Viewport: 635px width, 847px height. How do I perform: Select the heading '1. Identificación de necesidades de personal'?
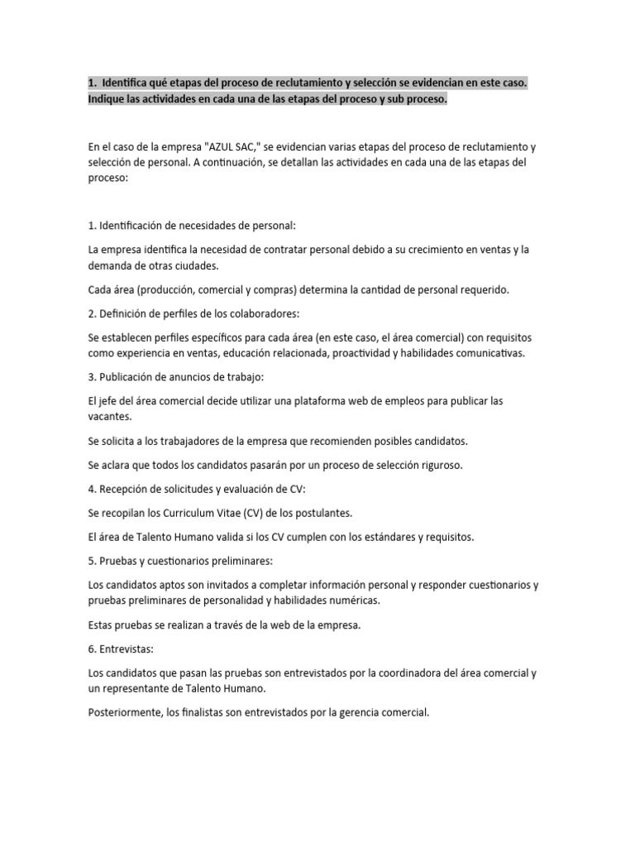pyautogui.click(x=191, y=225)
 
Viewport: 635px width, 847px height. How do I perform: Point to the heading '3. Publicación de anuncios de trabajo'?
pyautogui.click(x=175, y=377)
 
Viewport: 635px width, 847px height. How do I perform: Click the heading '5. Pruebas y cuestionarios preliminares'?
pyautogui.click(x=179, y=561)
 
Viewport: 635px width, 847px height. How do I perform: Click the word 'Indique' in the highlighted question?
pyautogui.click(x=107, y=99)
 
